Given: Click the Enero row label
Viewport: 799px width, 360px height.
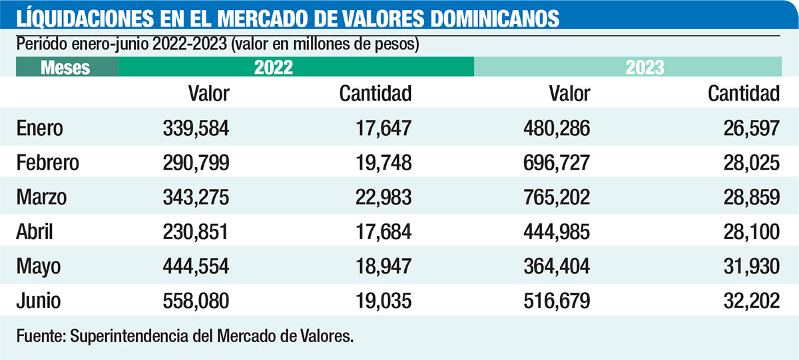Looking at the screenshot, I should [40, 128].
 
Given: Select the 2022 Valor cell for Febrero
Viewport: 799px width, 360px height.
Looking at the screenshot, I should [196, 163].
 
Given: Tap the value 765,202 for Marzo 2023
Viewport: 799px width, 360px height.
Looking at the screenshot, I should [557, 198].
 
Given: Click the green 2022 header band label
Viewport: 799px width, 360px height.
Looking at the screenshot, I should [273, 68].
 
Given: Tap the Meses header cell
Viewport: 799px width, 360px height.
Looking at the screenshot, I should [65, 68].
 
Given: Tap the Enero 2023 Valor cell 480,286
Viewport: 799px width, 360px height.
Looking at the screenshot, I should [557, 128].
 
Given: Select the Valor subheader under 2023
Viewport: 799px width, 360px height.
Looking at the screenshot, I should [569, 94].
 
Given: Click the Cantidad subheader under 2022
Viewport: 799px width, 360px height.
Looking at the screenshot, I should [376, 94].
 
